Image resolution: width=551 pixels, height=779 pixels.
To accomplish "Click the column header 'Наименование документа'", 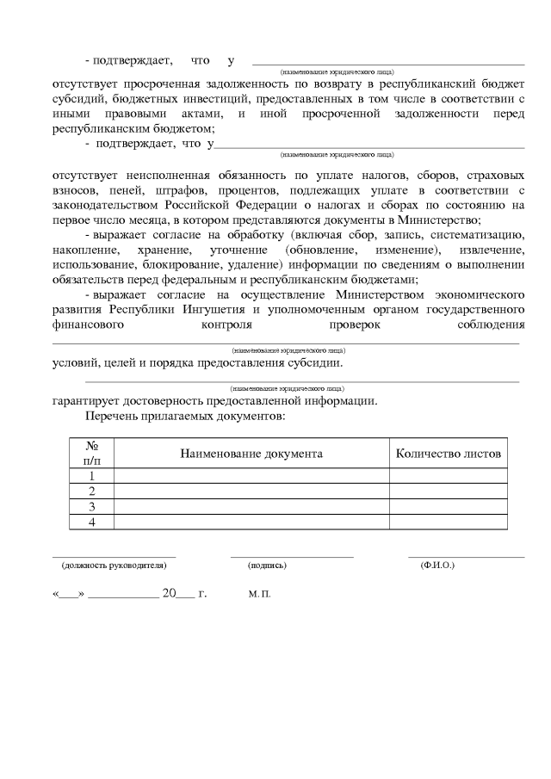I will [251, 453].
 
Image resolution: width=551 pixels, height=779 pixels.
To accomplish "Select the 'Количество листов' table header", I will [448, 453].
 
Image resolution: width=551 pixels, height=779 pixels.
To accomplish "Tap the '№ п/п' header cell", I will [91, 453].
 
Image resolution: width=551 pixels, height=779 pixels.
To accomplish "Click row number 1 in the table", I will [91, 475].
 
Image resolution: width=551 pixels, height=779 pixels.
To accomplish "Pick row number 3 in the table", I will [91, 506].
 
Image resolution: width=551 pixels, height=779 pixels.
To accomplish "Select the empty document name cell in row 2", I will [251, 491].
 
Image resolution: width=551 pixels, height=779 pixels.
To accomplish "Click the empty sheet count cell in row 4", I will [448, 522].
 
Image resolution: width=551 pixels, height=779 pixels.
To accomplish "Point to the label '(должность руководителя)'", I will [114, 566].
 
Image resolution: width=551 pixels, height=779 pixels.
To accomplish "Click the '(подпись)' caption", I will [267, 566].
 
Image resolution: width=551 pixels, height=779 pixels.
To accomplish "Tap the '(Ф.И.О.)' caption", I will [437, 566].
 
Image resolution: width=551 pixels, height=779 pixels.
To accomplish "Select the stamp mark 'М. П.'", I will [259, 595].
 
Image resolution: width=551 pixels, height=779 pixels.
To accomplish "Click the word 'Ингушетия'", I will [245, 308].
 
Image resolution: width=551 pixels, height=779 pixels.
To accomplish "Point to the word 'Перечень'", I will [113, 416].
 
